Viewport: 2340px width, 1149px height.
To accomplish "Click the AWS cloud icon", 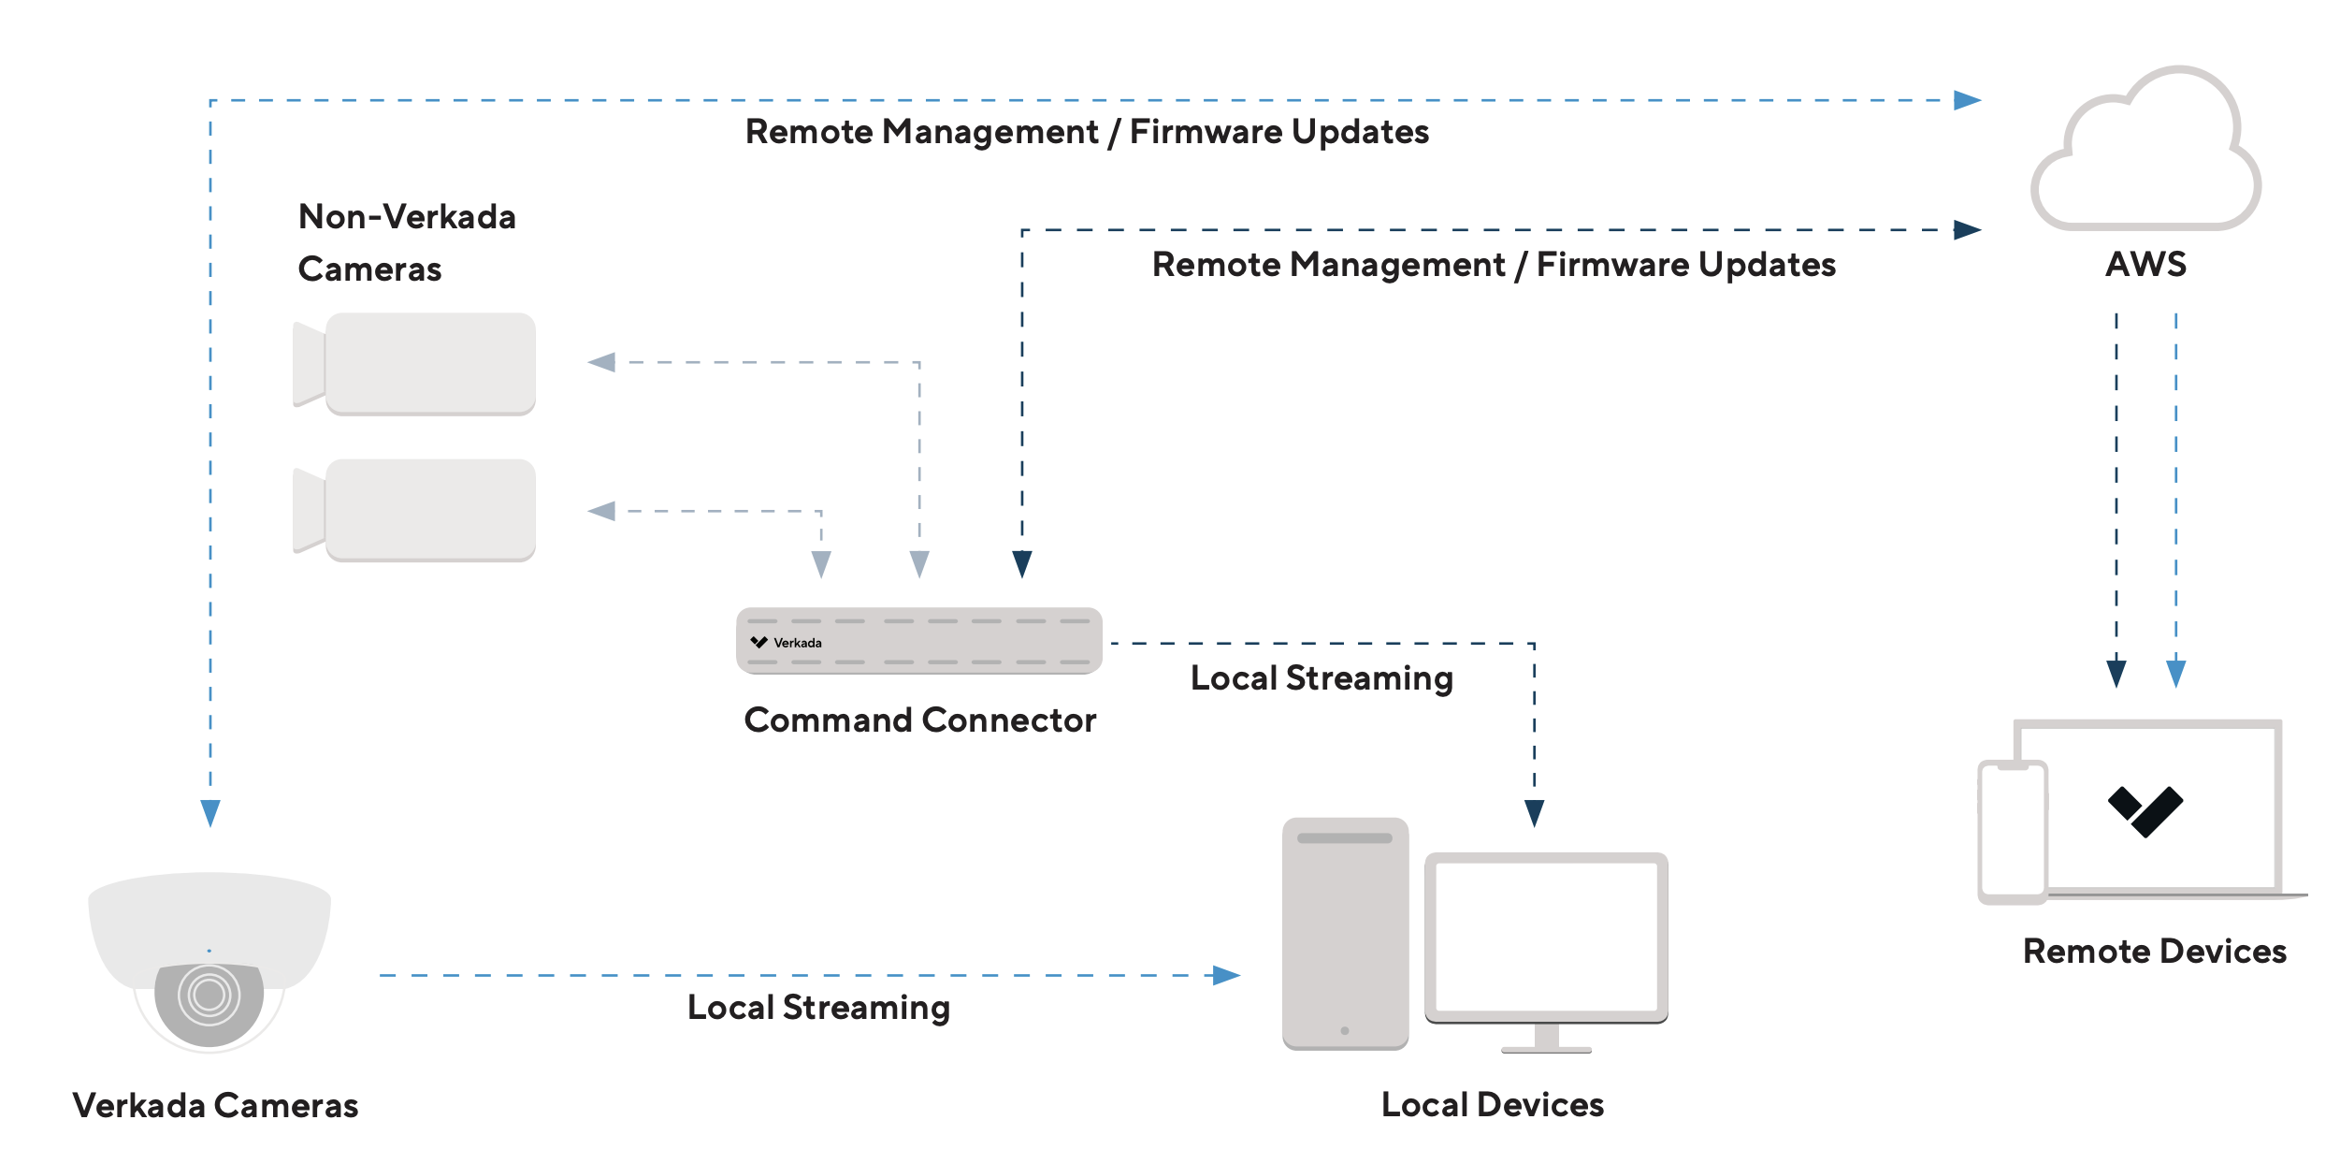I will pos(2146,154).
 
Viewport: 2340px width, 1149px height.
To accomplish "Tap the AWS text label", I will pos(2145,265).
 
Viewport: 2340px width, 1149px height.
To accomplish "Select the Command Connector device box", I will pos(919,641).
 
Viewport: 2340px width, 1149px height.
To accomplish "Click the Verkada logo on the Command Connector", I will pos(758,642).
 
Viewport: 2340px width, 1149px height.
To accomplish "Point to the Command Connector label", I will pos(919,720).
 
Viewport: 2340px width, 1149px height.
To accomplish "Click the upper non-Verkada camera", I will pos(416,364).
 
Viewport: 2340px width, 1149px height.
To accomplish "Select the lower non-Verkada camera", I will pos(416,510).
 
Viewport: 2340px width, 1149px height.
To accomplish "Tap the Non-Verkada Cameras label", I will pos(407,242).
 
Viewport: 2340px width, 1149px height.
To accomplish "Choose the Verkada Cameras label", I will pos(215,1106).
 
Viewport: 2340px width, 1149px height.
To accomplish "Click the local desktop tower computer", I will pos(1345,934).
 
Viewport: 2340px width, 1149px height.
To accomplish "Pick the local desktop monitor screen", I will pos(1546,937).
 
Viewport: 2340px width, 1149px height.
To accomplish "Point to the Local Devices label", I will pos(1493,1105).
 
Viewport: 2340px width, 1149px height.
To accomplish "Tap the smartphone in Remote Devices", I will pos(2013,831).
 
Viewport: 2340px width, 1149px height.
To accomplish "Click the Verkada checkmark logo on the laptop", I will pos(2145,811).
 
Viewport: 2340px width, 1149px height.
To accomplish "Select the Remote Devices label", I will pos(2155,952).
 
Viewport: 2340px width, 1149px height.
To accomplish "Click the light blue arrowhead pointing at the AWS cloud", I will pos(1967,100).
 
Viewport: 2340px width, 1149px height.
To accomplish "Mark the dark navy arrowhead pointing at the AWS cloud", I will pos(1967,230).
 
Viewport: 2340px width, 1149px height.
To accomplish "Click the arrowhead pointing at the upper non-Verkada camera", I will pos(602,362).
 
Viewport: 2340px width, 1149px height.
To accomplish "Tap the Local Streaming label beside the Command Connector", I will pos(1322,678).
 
